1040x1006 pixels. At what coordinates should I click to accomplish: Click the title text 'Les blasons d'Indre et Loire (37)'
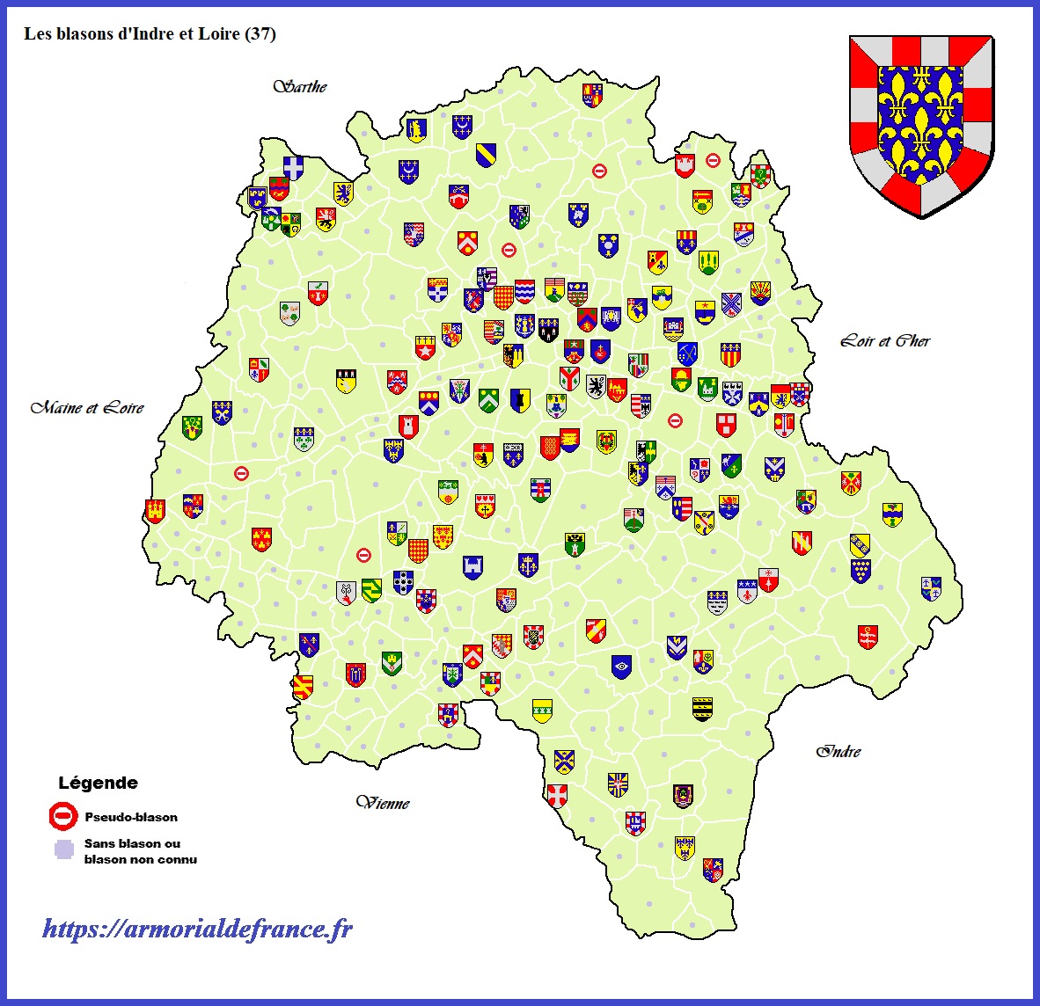(x=150, y=34)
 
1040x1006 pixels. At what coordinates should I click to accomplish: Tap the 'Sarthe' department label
(x=300, y=86)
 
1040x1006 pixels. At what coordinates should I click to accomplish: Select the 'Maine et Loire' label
(x=87, y=408)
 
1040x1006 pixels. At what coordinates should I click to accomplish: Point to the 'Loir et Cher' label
(x=885, y=341)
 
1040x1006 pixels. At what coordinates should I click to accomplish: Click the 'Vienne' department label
(x=383, y=803)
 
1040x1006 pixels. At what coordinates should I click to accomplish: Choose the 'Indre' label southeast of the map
(x=839, y=751)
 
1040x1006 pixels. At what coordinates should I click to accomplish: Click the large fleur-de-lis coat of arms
(x=920, y=124)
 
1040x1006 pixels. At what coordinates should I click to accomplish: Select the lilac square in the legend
(x=62, y=849)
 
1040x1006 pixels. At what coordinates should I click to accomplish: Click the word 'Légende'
(x=98, y=783)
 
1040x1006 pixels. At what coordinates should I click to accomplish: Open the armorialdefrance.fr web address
(x=198, y=929)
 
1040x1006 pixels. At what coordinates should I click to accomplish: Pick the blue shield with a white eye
(x=621, y=667)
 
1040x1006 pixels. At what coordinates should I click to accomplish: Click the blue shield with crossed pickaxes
(x=687, y=354)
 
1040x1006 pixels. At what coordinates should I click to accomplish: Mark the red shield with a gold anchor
(x=868, y=637)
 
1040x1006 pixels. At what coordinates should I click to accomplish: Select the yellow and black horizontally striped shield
(x=701, y=708)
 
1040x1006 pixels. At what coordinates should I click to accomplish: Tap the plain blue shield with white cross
(x=293, y=167)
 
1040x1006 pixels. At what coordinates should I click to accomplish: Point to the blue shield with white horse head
(x=578, y=215)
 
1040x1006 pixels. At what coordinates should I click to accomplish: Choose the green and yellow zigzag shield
(x=371, y=589)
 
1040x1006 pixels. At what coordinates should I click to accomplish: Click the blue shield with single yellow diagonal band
(x=486, y=155)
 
